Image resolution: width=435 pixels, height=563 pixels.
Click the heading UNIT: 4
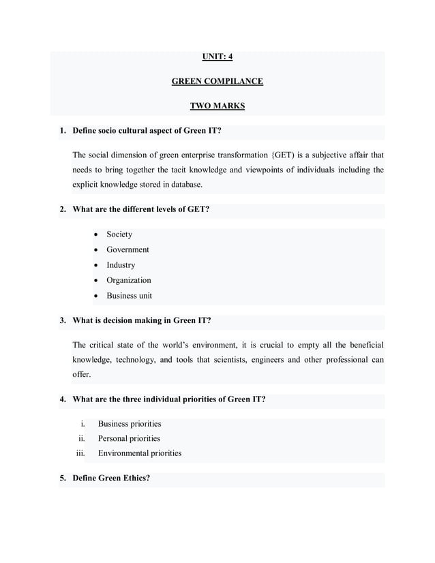(217, 57)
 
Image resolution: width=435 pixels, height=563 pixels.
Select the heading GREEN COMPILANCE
(217, 82)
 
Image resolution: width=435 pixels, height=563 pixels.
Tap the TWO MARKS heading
(217, 106)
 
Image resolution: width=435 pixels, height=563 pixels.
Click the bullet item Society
(119, 234)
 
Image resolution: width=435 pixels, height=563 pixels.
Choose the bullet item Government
(127, 249)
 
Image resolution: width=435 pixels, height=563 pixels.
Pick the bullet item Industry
(121, 265)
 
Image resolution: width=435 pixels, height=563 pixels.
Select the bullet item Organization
(129, 280)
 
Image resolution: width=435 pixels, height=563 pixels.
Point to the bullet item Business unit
(129, 296)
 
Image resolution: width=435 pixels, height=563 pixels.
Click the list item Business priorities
(130, 424)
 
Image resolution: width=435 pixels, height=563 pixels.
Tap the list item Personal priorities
(129, 438)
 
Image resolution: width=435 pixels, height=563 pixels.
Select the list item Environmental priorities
(140, 453)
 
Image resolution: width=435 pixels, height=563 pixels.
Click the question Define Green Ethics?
(111, 478)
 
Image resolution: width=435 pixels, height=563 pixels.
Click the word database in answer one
(184, 184)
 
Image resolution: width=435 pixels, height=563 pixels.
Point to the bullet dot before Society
(96, 235)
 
